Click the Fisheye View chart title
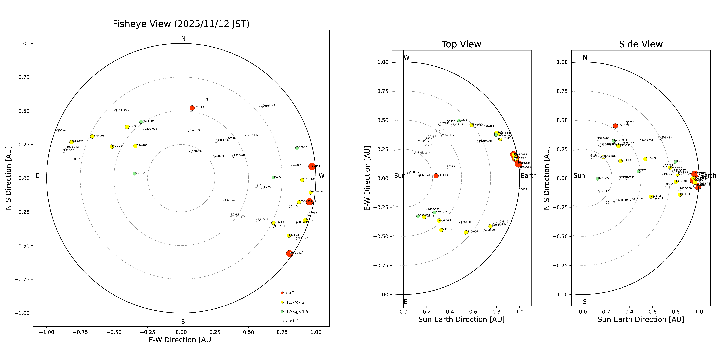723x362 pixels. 181,24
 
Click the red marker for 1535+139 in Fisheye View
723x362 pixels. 192,108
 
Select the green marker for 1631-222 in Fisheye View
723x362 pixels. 134,174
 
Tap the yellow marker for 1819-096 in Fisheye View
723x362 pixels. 92,136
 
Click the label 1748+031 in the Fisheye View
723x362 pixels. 122,110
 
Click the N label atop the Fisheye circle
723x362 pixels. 183,39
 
